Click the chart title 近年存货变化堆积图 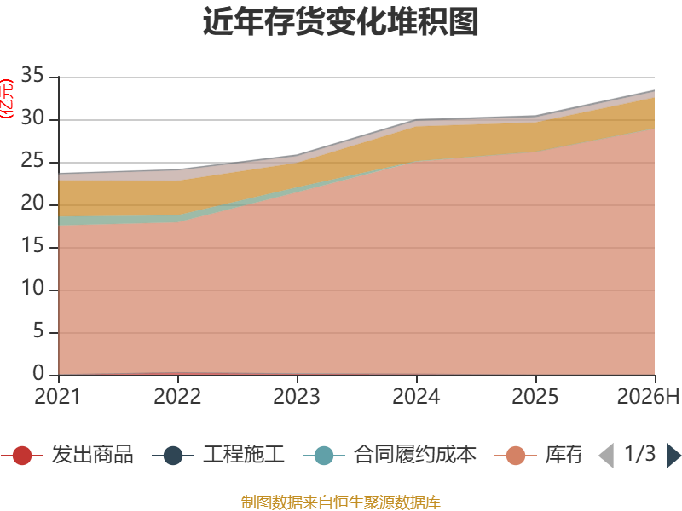pos(340,22)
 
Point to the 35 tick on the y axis pos(32,75)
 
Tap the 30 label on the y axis pos(32,118)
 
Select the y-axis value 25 pos(32,160)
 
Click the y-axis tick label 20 pos(32,203)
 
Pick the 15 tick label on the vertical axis pos(32,245)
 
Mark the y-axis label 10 pos(32,288)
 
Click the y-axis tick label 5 pos(38,330)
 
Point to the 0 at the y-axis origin pos(38,373)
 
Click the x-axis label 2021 pos(58,396)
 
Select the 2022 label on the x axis pos(177,396)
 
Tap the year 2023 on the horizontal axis pos(297,396)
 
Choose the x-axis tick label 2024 pos(416,396)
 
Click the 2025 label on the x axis pos(535,396)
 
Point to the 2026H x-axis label pos(648,396)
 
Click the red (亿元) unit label pos(7,99)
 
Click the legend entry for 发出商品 pos(67,455)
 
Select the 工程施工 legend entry pos(218,455)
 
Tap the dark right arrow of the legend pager pos(673,456)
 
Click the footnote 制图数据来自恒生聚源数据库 pos(341,502)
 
